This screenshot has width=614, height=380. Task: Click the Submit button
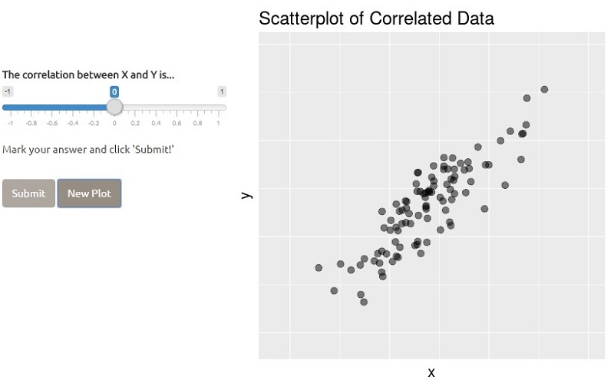pyautogui.click(x=28, y=193)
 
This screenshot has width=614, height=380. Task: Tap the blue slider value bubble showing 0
pyautogui.click(x=114, y=91)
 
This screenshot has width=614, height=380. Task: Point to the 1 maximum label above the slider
pyautogui.click(x=221, y=91)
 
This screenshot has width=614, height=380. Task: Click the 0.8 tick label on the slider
pyautogui.click(x=197, y=123)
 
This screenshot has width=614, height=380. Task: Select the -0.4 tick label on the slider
pyautogui.click(x=72, y=123)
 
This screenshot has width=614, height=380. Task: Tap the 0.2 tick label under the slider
pyautogui.click(x=135, y=123)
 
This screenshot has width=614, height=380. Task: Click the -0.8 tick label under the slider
pyautogui.click(x=31, y=123)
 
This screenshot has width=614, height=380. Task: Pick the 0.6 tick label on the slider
pyautogui.click(x=177, y=123)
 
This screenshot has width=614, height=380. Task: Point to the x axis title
pyautogui.click(x=431, y=372)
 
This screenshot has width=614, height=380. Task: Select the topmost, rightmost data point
pyautogui.click(x=544, y=89)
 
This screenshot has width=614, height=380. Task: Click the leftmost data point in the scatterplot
pyautogui.click(x=319, y=268)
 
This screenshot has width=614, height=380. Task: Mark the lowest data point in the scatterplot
pyautogui.click(x=364, y=302)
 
